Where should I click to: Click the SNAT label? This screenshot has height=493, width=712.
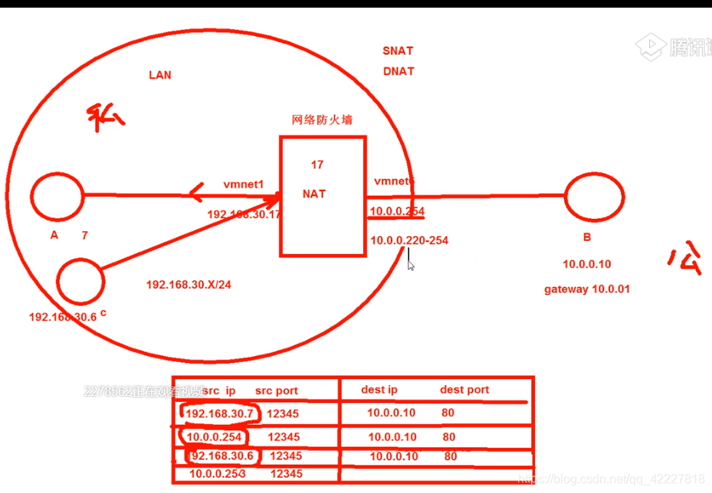tap(398, 51)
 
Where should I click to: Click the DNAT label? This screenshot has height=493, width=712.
tap(399, 71)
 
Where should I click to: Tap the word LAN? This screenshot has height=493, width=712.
tap(160, 75)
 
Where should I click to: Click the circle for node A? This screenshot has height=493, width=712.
tap(57, 196)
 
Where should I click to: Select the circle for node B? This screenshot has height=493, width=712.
tap(594, 197)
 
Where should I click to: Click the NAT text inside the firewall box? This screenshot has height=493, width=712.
tap(314, 194)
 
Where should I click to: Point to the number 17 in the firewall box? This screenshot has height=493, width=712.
tap(317, 165)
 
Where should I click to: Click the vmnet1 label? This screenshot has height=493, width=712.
tap(244, 184)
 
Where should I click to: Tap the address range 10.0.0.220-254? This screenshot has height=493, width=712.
tap(409, 240)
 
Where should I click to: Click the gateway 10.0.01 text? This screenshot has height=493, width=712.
tap(587, 289)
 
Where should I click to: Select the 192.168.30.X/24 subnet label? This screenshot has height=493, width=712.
tap(189, 285)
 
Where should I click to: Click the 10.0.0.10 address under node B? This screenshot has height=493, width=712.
tap(587, 264)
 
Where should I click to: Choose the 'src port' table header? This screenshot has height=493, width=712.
tap(277, 390)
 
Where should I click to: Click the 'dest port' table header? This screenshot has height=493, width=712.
tap(464, 390)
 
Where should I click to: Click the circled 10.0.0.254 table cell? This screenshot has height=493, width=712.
tap(215, 437)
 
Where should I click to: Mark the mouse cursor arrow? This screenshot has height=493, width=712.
tap(410, 265)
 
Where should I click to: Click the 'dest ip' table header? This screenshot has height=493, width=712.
tap(379, 390)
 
